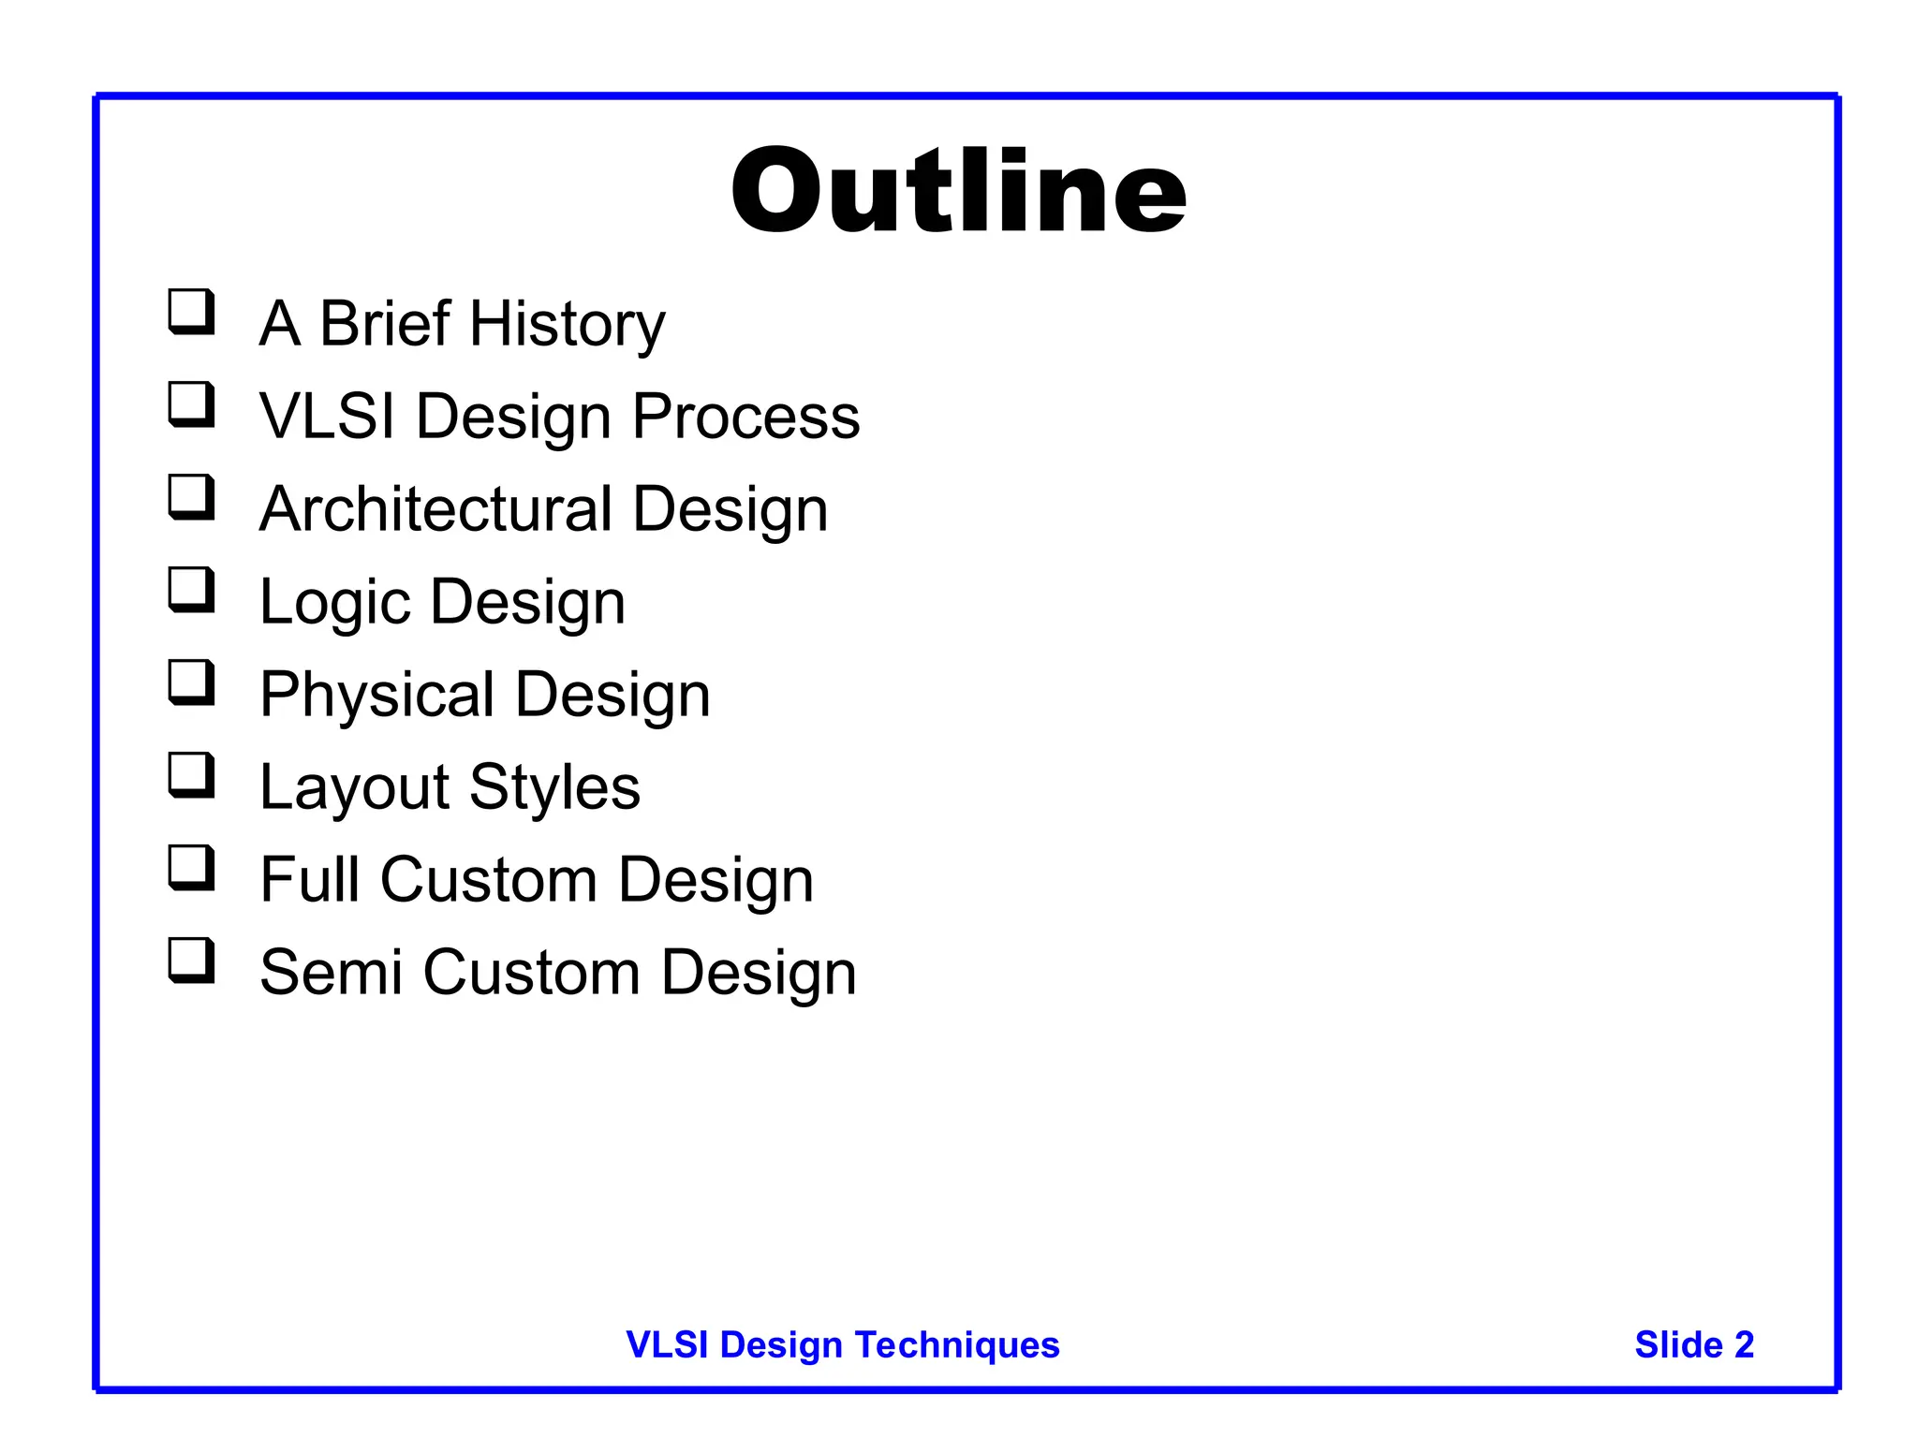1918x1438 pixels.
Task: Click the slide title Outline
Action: [958, 191]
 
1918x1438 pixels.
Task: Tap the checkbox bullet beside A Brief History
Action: [191, 311]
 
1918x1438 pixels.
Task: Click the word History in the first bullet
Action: [567, 324]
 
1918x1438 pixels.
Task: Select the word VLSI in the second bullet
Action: [327, 416]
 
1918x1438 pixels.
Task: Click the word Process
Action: [745, 416]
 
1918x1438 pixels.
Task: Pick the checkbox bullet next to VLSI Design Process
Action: [191, 404]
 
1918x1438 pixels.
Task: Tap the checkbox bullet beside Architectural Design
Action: [191, 496]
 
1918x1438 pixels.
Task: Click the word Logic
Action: [334, 602]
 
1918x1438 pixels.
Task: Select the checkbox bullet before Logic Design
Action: [191, 589]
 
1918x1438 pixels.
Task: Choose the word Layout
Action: [354, 787]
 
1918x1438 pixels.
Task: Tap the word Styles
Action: [554, 786]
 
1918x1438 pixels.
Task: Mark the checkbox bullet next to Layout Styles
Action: [191, 774]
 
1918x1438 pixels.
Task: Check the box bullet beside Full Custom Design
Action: [191, 867]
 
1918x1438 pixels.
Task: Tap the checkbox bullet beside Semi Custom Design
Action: [191, 960]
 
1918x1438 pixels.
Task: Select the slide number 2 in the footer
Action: [1744, 1344]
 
